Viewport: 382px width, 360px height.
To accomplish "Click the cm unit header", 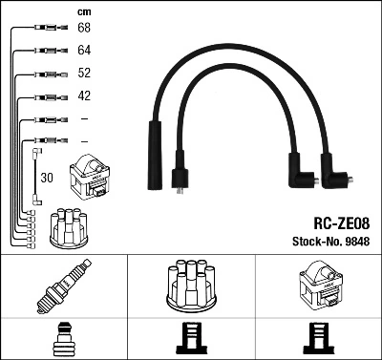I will point(82,11).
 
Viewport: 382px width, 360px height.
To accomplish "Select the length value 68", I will point(83,28).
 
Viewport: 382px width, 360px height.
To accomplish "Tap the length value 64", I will point(83,50).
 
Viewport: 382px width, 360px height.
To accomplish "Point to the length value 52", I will point(83,74).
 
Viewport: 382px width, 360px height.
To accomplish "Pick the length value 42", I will point(83,96).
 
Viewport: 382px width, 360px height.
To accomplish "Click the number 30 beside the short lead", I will point(47,178).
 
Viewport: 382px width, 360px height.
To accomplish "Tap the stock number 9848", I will point(357,242).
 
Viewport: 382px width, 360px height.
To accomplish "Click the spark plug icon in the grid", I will point(63,286).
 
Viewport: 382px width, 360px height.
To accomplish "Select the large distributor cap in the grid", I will point(190,286).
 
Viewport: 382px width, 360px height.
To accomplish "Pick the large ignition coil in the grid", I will point(318,286).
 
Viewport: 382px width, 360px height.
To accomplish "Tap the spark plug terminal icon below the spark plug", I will point(63,338).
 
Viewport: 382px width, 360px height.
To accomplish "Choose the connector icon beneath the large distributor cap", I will point(190,338).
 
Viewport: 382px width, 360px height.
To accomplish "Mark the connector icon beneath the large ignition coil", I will point(318,338).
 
